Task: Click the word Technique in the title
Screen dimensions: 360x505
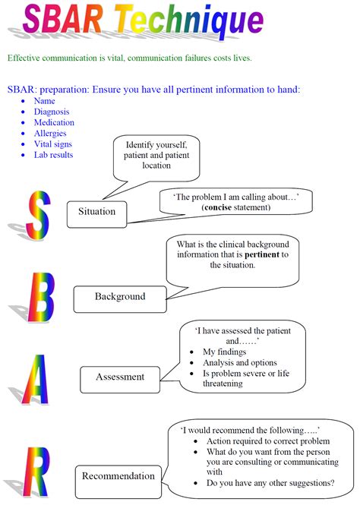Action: (190, 21)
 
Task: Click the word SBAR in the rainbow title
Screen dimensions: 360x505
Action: (63, 19)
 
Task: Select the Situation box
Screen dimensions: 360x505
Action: (96, 214)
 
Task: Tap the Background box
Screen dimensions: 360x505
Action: (120, 299)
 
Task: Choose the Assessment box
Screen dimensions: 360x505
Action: (120, 380)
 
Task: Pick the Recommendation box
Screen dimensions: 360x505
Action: (118, 481)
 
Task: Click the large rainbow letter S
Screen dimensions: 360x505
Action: (39, 215)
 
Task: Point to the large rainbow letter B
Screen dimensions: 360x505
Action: (41, 297)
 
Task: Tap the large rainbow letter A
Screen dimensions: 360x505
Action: (36, 379)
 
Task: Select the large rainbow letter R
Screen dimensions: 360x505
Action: (36, 472)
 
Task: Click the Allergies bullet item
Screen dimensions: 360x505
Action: (50, 134)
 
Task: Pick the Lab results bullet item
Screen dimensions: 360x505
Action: (53, 155)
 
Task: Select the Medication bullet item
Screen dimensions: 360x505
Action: (54, 122)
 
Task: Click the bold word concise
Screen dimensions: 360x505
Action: (218, 207)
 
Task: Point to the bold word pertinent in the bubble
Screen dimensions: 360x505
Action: (262, 254)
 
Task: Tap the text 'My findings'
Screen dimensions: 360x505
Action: (225, 352)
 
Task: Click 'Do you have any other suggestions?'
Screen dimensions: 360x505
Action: (270, 483)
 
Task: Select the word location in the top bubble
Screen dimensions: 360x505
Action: (156, 166)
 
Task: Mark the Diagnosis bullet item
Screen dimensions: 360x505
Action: (52, 112)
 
